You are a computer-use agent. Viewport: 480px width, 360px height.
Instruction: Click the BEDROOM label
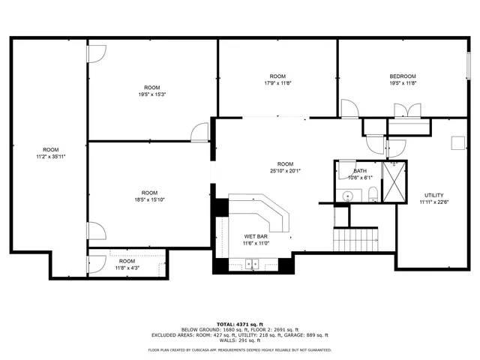coord(403,76)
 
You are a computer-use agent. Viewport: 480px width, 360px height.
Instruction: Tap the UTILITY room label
coord(433,195)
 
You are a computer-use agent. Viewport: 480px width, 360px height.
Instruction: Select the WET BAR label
coord(256,236)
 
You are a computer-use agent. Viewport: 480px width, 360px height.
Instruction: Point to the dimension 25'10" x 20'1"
coord(285,171)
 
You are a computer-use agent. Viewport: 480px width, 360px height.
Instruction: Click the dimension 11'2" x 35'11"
coord(51,156)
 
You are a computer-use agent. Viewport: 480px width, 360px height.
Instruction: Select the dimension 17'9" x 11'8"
coord(277,83)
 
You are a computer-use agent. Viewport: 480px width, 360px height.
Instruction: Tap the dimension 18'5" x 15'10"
coord(150,199)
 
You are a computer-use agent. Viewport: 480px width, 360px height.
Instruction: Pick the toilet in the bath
coord(373,196)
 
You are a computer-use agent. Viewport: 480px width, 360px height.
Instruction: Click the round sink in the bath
coord(346,196)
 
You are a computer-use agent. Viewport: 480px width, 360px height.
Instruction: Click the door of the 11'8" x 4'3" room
coord(95,263)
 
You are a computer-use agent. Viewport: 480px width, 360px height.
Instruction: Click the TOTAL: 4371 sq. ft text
coord(240,322)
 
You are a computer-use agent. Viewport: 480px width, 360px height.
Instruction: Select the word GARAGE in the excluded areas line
coord(292,335)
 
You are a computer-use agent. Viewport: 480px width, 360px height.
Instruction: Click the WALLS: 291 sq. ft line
coord(240,341)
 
